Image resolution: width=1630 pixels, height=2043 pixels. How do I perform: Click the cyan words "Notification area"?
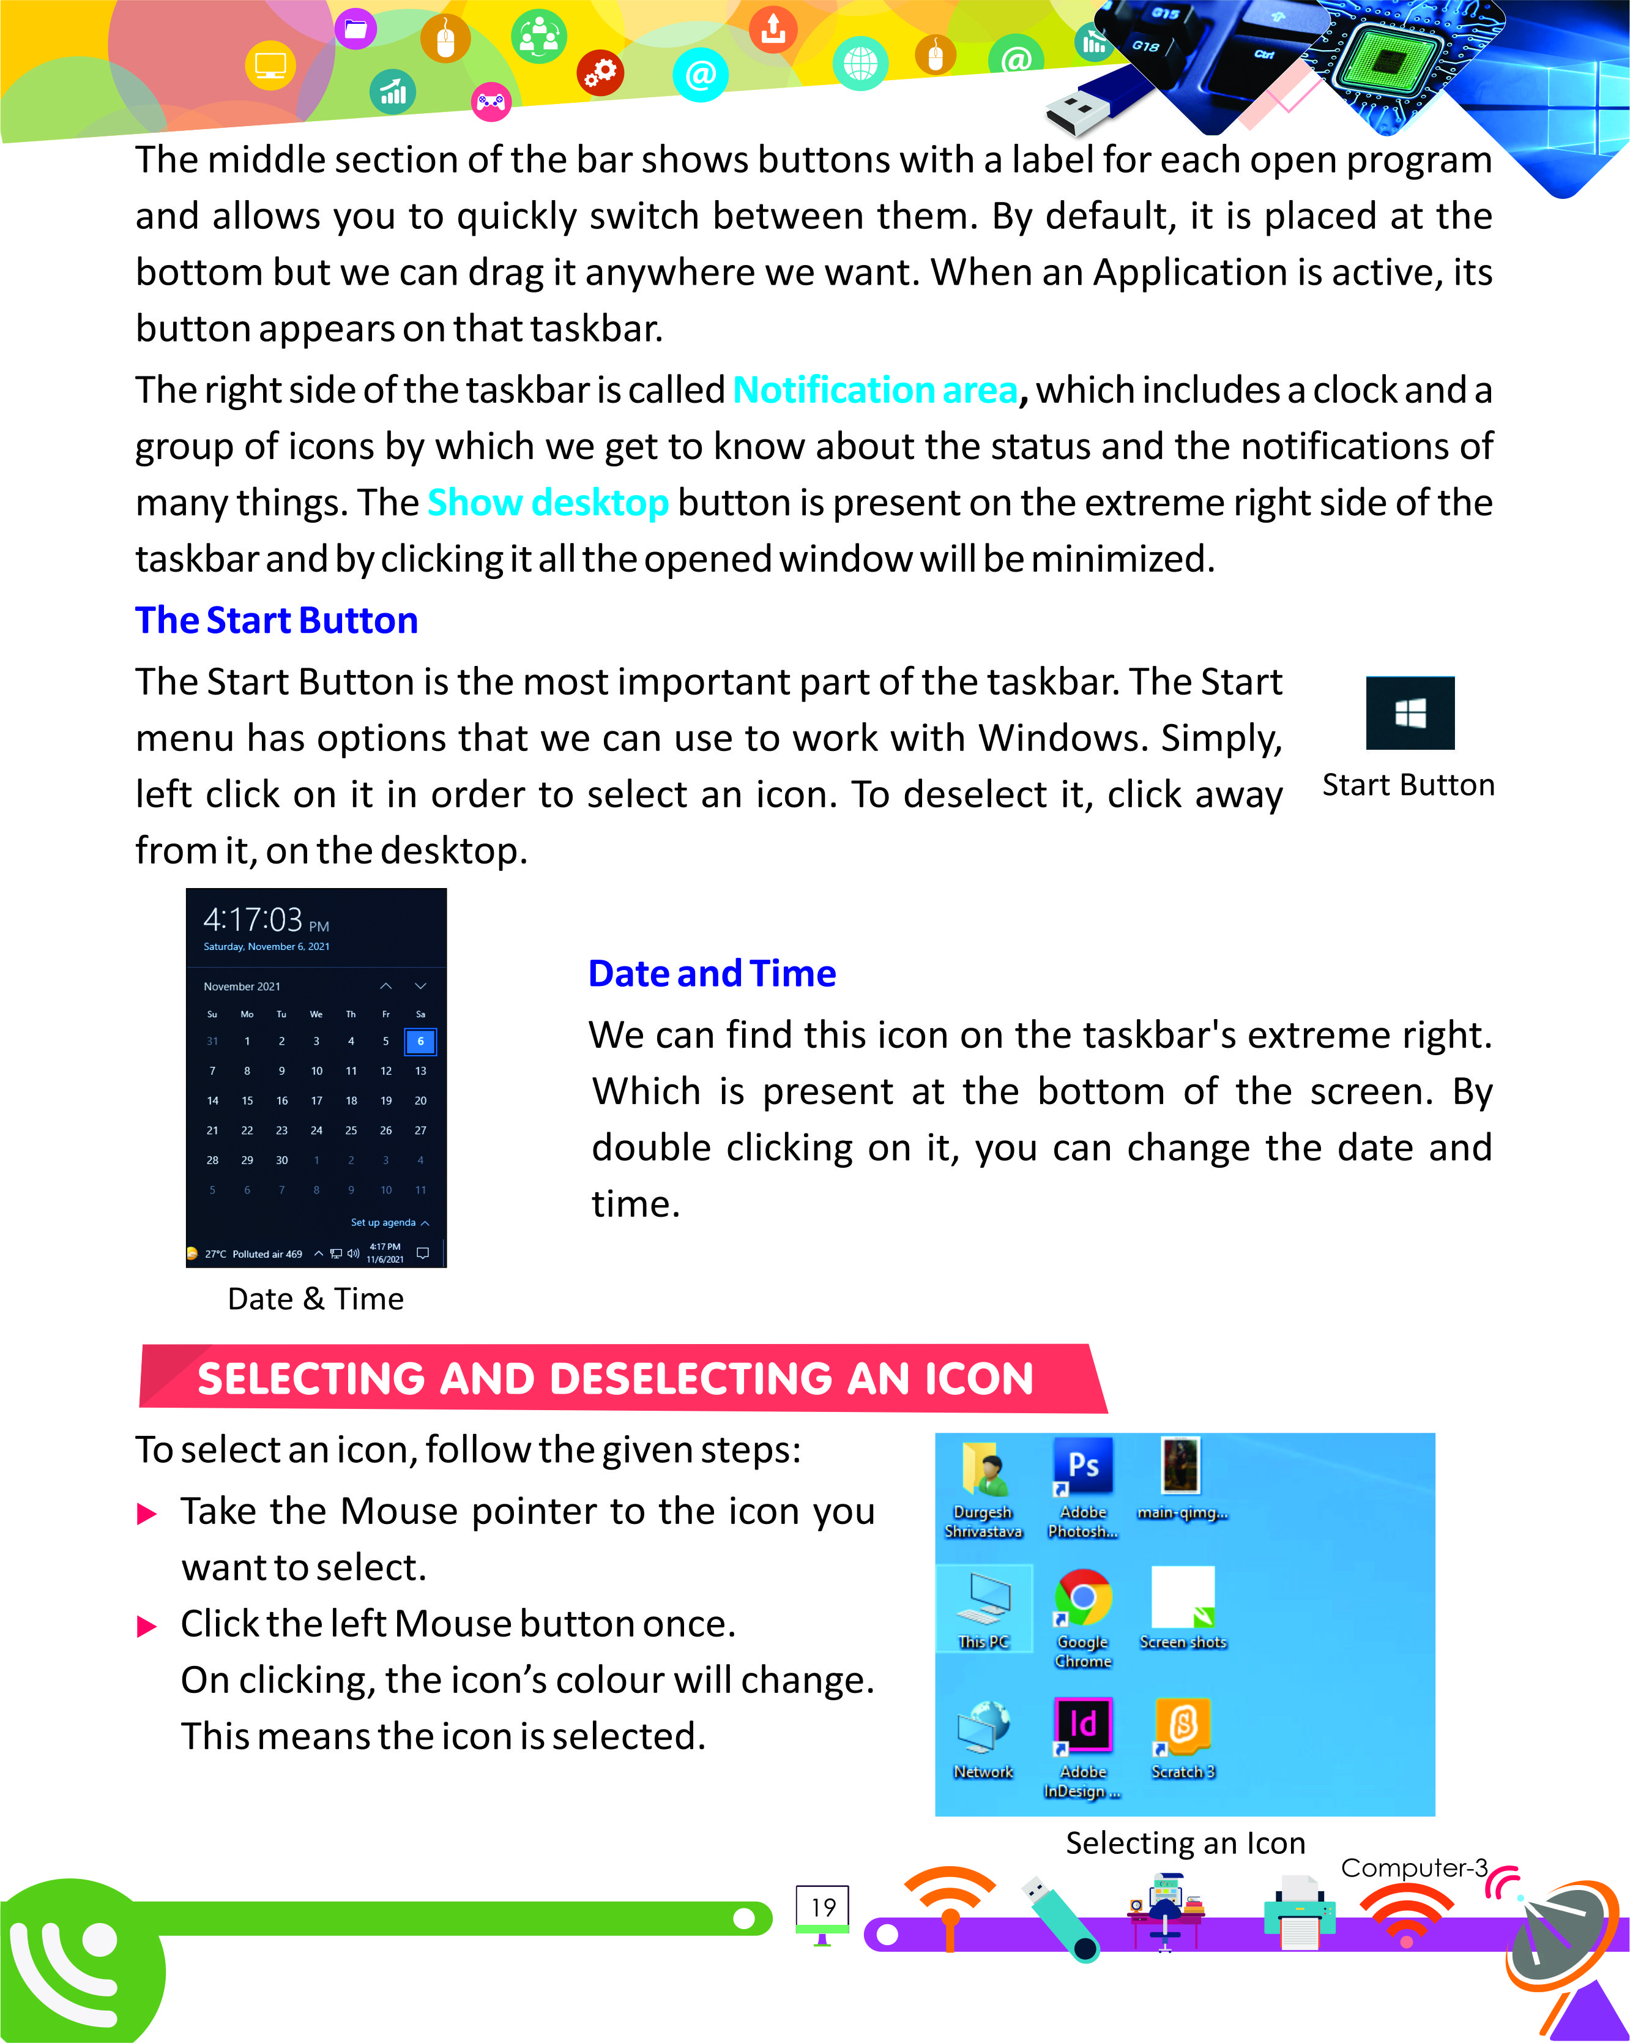tap(874, 389)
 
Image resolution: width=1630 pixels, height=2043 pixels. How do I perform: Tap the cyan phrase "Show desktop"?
tap(548, 502)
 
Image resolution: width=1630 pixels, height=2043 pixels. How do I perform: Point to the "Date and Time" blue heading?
tap(712, 973)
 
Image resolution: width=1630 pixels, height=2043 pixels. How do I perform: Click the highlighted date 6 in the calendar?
tap(420, 1042)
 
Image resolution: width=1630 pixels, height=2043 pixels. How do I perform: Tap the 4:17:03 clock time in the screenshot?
tap(254, 919)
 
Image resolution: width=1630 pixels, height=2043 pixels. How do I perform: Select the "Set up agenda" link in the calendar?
tap(384, 1222)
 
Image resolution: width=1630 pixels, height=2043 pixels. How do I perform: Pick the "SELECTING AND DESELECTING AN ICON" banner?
tap(616, 1379)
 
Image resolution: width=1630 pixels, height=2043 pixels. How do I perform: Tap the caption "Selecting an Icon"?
tap(1185, 1842)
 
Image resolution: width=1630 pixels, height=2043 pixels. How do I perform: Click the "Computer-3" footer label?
tap(1413, 1868)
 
